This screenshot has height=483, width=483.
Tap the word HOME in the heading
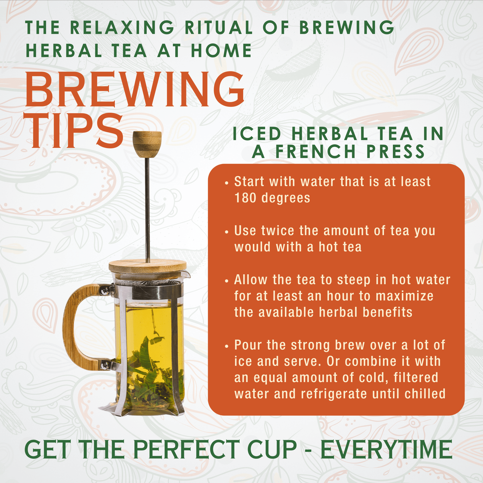pos(221,51)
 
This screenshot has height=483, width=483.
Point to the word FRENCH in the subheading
pos(316,152)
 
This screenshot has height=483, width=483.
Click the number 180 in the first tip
pos(245,198)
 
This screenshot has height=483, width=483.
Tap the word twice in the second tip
pos(277,230)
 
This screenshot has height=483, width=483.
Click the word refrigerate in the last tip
pos(334,394)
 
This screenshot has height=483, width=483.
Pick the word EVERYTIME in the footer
pos(386,449)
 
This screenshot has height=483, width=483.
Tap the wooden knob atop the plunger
pos(147,144)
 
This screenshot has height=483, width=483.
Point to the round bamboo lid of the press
pos(148,267)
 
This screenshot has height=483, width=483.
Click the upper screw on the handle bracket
pos(105,289)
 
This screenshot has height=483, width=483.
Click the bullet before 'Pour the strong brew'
pos(227,346)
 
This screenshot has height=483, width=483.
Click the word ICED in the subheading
pos(257,134)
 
